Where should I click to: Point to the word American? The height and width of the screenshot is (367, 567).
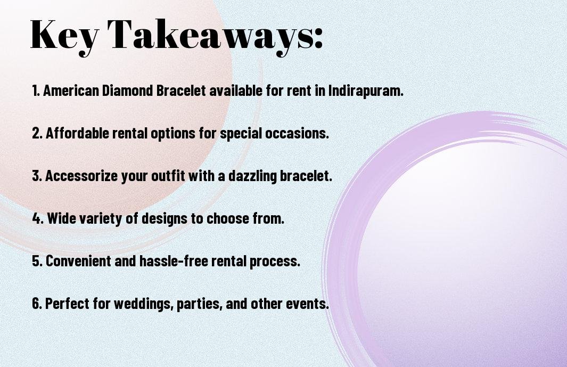point(71,91)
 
